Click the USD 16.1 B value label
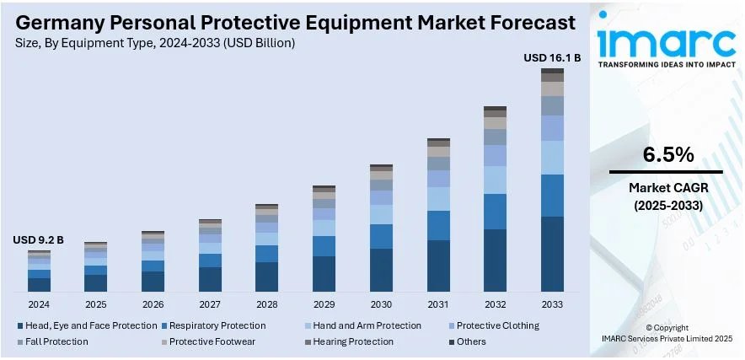pos(552,58)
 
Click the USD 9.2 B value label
pos(38,240)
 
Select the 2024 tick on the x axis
pos(39,304)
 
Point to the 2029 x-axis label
pos(324,304)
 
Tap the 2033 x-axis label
pos(552,304)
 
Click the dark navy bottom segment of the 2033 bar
pos(552,254)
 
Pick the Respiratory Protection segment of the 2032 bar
pos(495,212)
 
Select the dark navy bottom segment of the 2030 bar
pos(381,270)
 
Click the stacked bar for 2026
pos(153,261)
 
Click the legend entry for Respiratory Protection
pos(217,325)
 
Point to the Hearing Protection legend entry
pos(353,341)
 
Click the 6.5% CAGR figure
pos(667,154)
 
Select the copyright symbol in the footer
pos(649,326)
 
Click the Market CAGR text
pos(667,187)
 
